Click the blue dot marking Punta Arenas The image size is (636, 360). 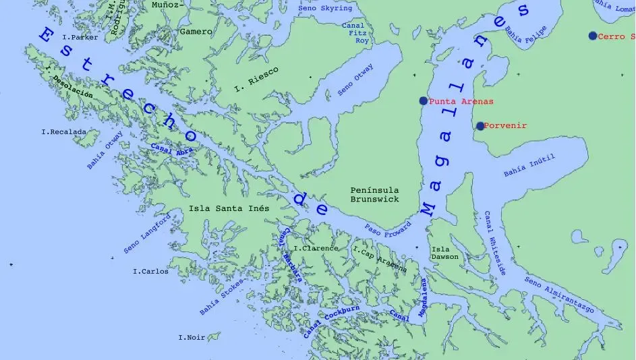pyautogui.click(x=423, y=100)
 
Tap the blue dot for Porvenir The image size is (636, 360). pyautogui.click(x=480, y=126)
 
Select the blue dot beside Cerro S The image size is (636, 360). pyautogui.click(x=592, y=36)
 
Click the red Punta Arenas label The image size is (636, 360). pyautogui.click(x=461, y=101)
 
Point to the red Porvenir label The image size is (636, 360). pyautogui.click(x=505, y=126)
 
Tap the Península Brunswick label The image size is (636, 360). pyautogui.click(x=374, y=195)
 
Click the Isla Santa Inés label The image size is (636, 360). pyautogui.click(x=229, y=208)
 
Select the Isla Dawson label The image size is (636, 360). pyautogui.click(x=444, y=253)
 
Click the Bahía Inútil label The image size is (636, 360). pyautogui.click(x=529, y=166)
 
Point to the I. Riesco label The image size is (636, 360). pyautogui.click(x=256, y=79)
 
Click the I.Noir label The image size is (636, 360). pyautogui.click(x=191, y=337)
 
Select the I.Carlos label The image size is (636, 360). pyautogui.click(x=150, y=272)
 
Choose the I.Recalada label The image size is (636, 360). pyautogui.click(x=63, y=132)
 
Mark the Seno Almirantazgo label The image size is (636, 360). pyautogui.click(x=559, y=295)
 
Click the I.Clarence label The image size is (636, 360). pyautogui.click(x=316, y=248)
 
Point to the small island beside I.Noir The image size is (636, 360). pyautogui.click(x=214, y=336)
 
